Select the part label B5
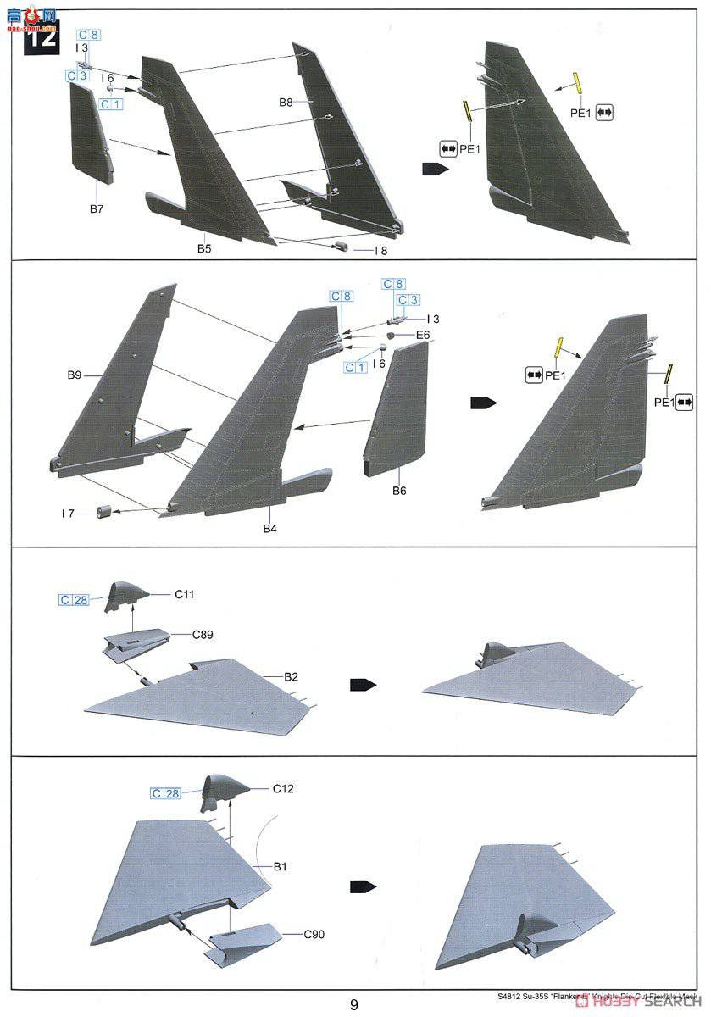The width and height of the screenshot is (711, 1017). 204,248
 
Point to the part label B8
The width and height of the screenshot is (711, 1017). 286,103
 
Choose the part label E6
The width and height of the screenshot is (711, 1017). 423,336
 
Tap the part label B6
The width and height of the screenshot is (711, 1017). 399,491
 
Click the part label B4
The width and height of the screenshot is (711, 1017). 269,529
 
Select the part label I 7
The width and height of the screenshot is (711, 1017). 69,514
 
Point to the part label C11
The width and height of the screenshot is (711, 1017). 185,594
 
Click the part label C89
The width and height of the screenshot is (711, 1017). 202,634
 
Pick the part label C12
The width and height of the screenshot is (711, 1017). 282,788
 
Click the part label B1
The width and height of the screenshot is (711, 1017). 280,867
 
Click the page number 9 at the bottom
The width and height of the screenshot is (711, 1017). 354,1005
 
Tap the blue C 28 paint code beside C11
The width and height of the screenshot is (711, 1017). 73,600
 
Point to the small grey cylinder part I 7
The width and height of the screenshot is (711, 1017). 106,513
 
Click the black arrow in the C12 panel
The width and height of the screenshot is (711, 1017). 362,886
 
